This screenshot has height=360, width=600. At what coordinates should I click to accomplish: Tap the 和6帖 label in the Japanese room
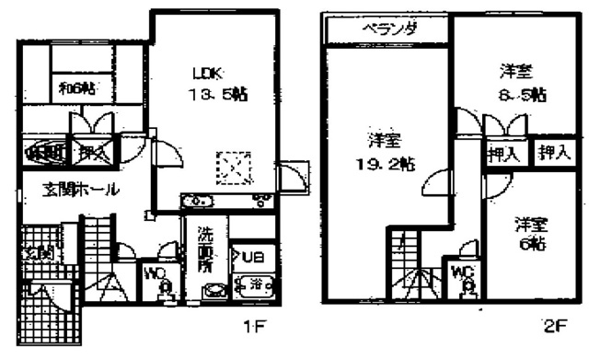pyautogui.click(x=77, y=89)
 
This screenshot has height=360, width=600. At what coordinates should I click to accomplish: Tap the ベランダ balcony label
pyautogui.click(x=389, y=29)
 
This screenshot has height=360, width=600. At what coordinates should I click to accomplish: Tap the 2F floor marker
pyautogui.click(x=551, y=325)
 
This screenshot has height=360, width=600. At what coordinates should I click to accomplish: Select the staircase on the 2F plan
pyautogui.click(x=401, y=254)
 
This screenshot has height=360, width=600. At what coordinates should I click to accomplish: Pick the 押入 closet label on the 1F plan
pyautogui.click(x=89, y=153)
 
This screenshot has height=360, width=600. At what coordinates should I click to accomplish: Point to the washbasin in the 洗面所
pyautogui.click(x=213, y=289)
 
